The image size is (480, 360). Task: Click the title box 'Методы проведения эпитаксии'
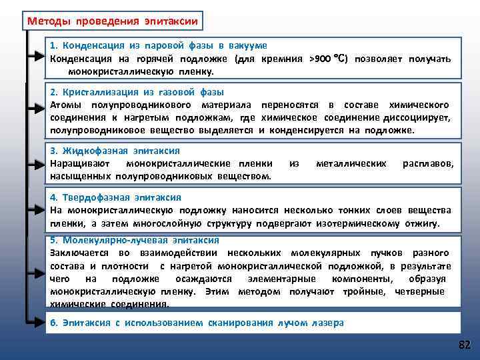pos(112,21)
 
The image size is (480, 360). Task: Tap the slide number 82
pos(464,345)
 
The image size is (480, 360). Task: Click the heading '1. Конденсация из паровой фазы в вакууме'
pos(159,45)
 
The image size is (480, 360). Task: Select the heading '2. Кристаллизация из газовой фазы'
pos(137,92)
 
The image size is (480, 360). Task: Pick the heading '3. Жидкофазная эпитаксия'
pos(115,151)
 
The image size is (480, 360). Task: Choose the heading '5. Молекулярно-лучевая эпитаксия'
pos(135,240)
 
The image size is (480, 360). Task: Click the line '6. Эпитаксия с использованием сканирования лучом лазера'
pos(197,323)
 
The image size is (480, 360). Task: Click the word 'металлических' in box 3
pos(351,163)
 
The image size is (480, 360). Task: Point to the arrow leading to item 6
pos(39,323)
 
